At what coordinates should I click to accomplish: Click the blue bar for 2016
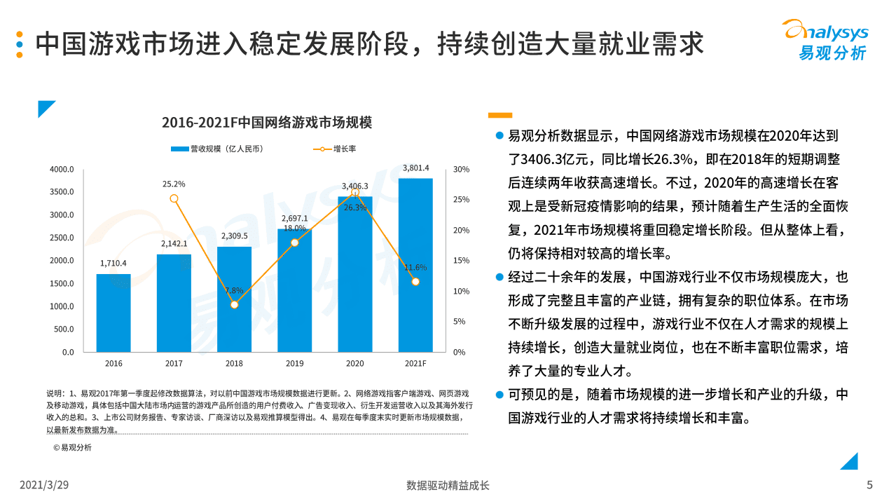113,313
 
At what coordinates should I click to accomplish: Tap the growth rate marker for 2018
234,305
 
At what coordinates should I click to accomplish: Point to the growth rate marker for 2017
174,198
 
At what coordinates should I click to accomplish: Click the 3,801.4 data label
415,168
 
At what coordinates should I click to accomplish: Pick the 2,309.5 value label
234,236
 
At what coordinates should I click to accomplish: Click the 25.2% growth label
174,184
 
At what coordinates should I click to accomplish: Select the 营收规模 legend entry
218,149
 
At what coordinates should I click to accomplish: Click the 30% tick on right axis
461,169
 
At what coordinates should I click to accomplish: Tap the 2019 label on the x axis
294,363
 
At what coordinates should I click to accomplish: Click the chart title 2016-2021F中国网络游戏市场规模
266,123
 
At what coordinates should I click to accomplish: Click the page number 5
869,485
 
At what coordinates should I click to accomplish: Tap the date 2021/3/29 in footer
43,485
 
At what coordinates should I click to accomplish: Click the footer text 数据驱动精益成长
448,485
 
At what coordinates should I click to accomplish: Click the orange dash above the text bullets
499,115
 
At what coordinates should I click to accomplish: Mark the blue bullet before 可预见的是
499,394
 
